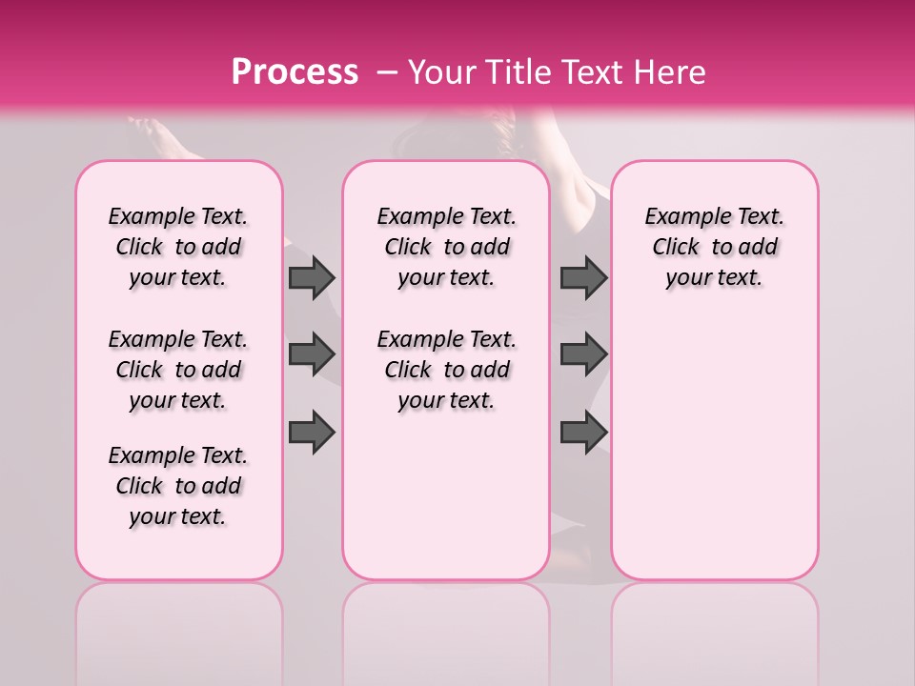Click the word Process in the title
(295, 72)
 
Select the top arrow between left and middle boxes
(311, 277)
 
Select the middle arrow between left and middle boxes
(311, 354)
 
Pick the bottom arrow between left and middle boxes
(311, 432)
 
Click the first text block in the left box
(178, 247)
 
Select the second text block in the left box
(178, 370)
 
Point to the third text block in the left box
(178, 486)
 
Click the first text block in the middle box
(446, 247)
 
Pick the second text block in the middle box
(446, 370)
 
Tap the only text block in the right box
(715, 247)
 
